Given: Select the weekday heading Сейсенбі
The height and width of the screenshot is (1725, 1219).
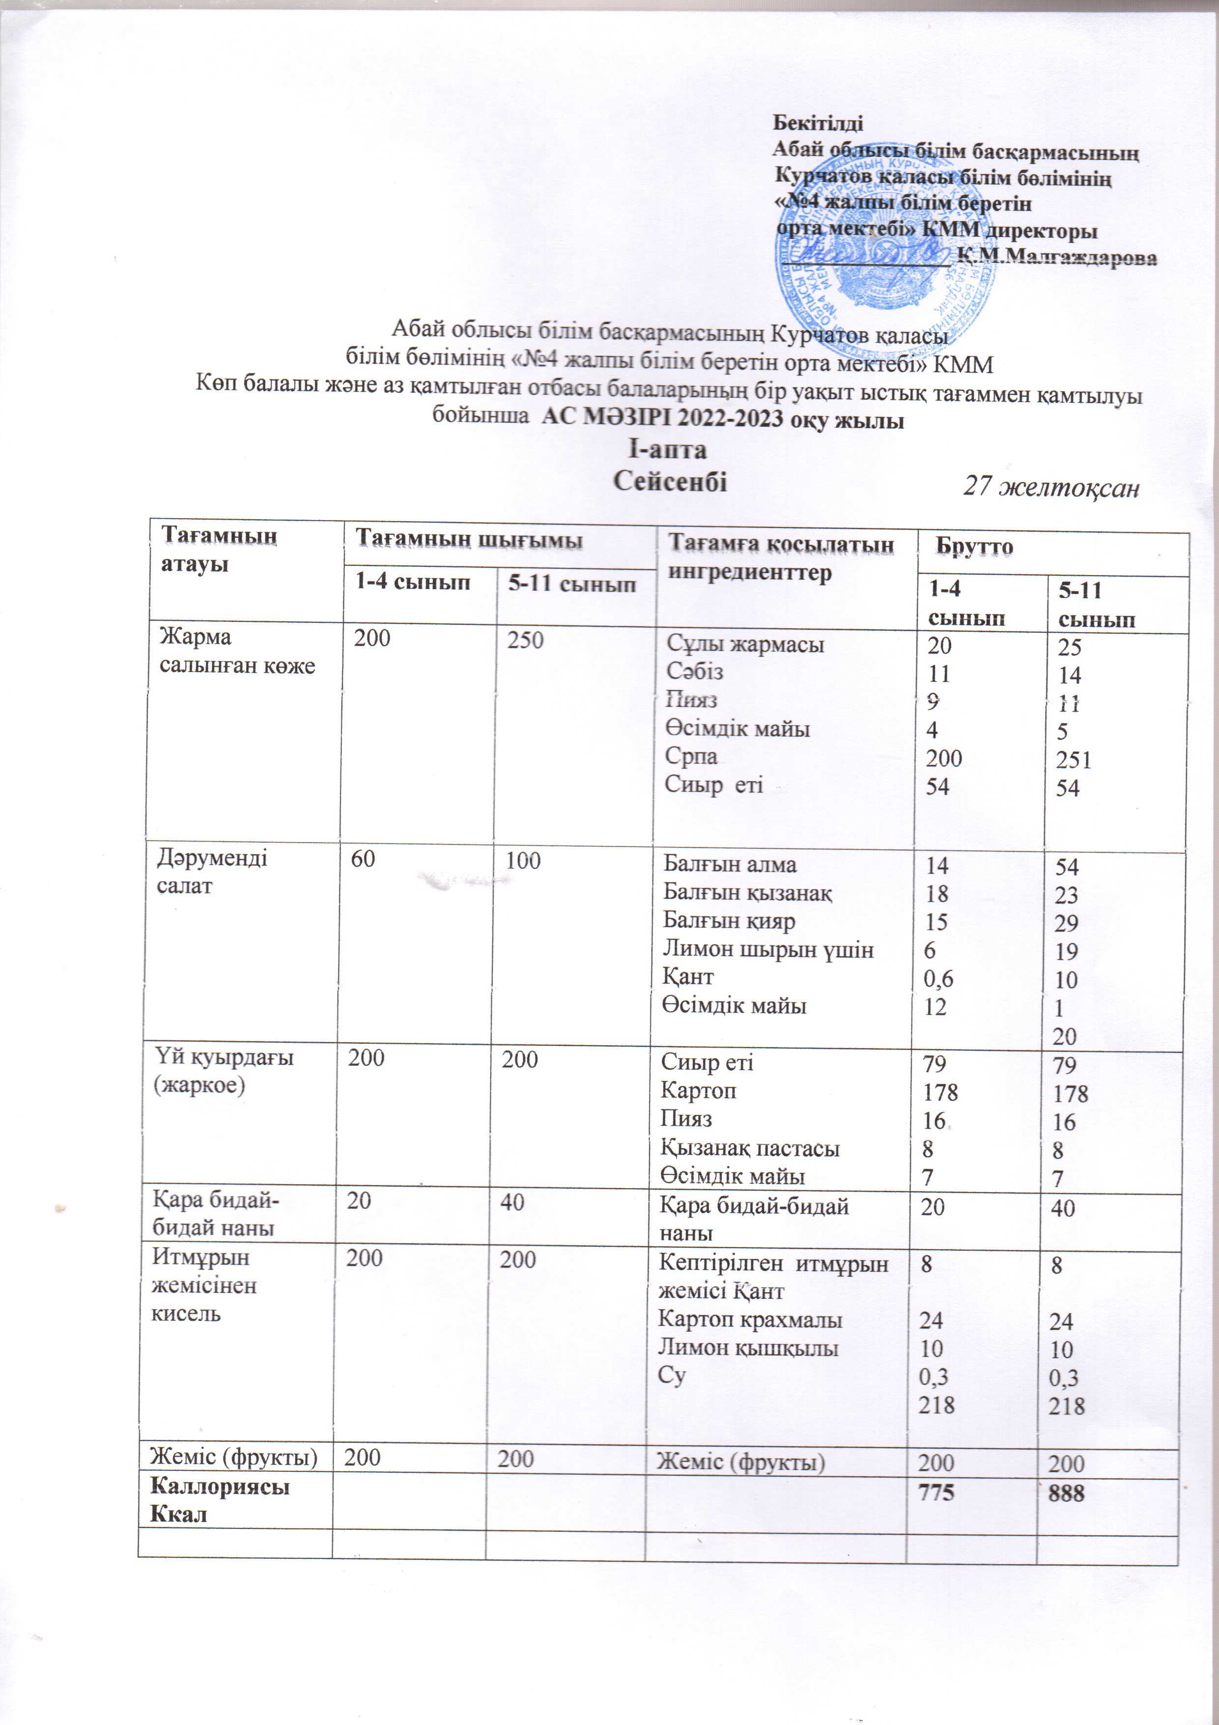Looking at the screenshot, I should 670,481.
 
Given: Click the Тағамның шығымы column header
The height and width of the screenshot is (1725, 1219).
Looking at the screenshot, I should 469,539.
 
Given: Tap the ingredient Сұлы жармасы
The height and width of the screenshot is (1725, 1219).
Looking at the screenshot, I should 745,644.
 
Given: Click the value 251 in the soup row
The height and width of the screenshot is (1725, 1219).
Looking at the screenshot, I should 1073,760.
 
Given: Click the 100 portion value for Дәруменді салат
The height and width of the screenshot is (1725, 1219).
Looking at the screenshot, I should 523,861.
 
